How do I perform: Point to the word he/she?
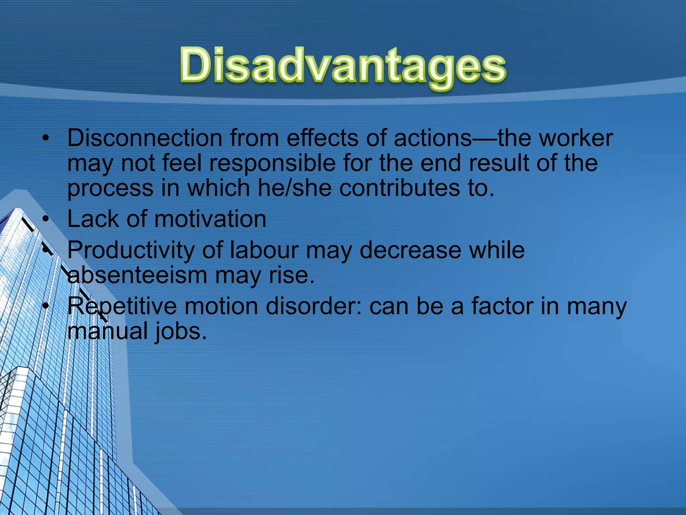294,188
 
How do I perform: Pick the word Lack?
93,219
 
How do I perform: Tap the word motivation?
210,219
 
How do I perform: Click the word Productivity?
131,250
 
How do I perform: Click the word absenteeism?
137,275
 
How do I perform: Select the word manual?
107,331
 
